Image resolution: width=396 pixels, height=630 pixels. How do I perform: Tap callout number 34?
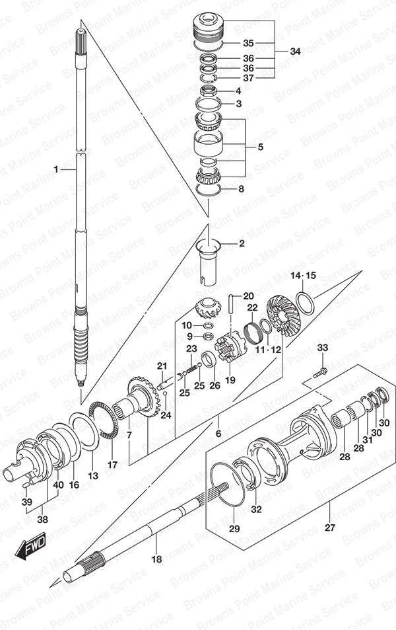pyautogui.click(x=294, y=52)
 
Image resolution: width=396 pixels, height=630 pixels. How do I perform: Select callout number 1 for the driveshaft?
pyautogui.click(x=56, y=169)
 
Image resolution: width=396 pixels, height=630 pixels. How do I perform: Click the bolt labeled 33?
pyautogui.click(x=319, y=372)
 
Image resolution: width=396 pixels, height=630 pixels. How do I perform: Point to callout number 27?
pyautogui.click(x=329, y=527)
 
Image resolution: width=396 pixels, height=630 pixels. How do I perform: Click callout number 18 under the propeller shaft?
pyautogui.click(x=156, y=559)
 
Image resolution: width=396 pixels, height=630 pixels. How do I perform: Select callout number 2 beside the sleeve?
pyautogui.click(x=241, y=243)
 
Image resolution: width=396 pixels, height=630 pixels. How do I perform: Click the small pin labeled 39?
pyautogui.click(x=26, y=485)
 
